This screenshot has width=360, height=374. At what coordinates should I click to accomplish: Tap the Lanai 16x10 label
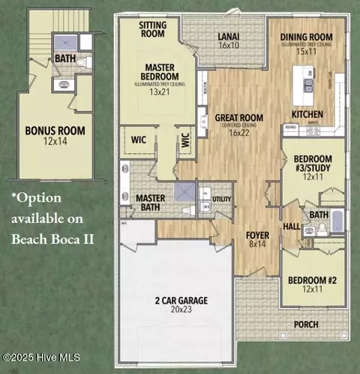(x=228, y=41)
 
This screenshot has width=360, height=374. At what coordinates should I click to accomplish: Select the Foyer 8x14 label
(x=257, y=239)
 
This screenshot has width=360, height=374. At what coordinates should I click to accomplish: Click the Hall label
(x=292, y=225)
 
